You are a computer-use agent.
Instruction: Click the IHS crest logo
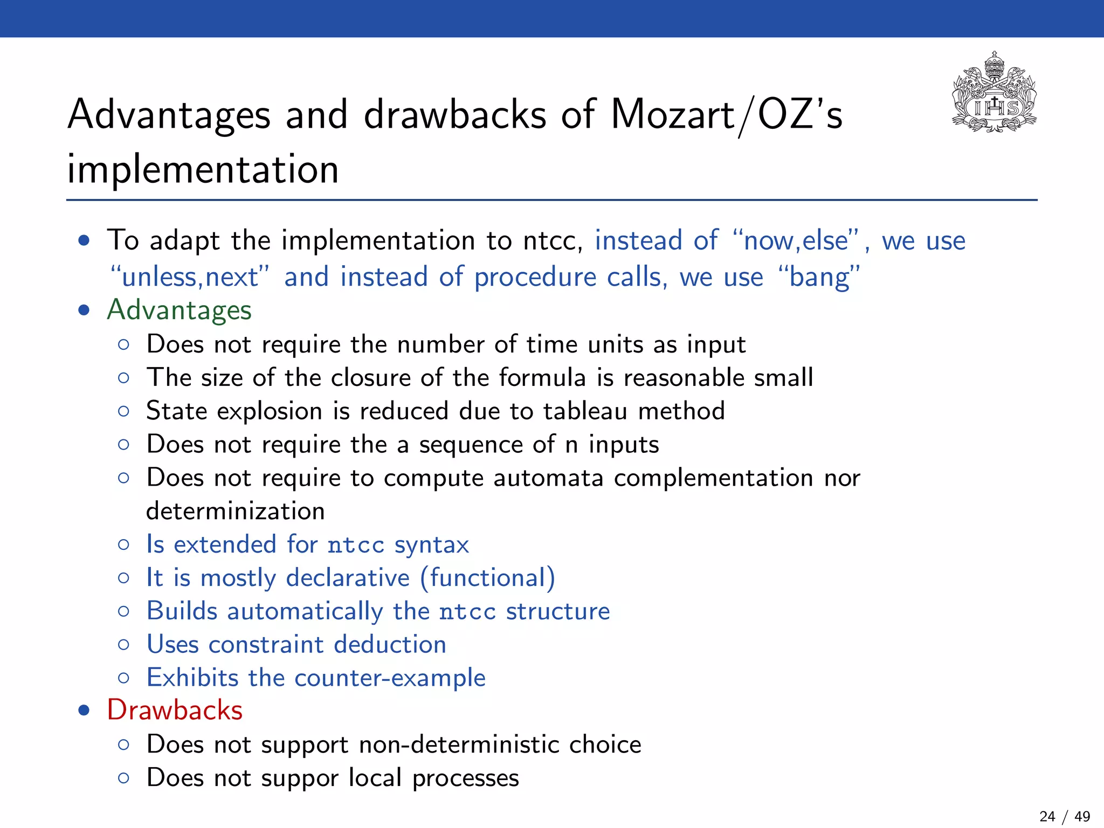coord(994,92)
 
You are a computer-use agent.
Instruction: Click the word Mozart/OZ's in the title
coord(726,115)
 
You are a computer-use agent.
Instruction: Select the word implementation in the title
coord(203,169)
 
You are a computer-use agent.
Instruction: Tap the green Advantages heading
coord(179,310)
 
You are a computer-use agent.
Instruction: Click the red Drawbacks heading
coord(175,710)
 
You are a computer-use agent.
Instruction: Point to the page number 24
coord(1047,816)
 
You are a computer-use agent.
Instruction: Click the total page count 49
coord(1082,816)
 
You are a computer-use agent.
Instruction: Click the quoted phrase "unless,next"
coord(190,277)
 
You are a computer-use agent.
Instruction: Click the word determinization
coord(235,511)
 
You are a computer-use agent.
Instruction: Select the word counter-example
coord(390,678)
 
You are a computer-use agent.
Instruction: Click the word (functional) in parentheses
coord(487,578)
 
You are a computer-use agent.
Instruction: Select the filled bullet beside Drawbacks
coord(84,710)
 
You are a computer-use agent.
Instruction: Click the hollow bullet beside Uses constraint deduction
coord(123,645)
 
